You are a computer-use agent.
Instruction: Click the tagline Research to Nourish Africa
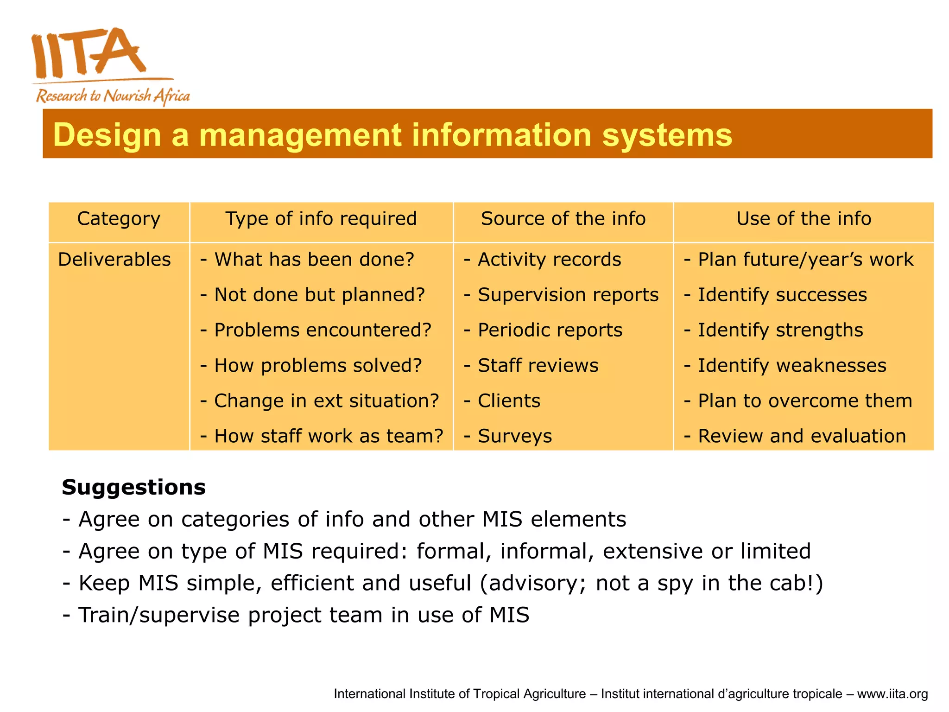tap(113, 96)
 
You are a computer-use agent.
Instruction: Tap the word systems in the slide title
tap(667, 135)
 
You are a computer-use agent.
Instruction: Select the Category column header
tap(119, 219)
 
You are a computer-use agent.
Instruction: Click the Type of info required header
tap(321, 219)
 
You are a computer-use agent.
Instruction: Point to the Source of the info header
tap(563, 219)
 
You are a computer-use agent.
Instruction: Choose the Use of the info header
tap(803, 219)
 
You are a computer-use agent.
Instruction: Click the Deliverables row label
tap(114, 260)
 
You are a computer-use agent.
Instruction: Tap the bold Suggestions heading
tap(133, 488)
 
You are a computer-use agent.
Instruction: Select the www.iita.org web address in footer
tap(892, 694)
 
